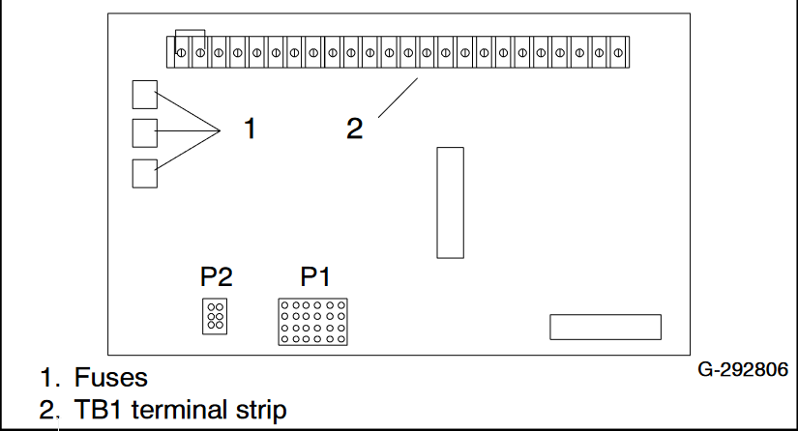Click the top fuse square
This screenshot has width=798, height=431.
coord(144,94)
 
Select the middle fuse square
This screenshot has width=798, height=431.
coord(144,131)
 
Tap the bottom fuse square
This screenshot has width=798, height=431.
coord(144,172)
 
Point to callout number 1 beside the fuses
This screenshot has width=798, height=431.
coord(250,129)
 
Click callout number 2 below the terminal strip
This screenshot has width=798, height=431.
coord(355,129)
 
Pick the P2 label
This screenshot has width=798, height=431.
coord(217,278)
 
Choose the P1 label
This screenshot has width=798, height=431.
coord(315,278)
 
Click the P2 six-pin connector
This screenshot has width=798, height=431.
coord(215,316)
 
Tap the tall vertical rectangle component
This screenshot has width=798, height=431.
coord(450,202)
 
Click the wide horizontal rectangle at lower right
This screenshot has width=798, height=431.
coord(606,327)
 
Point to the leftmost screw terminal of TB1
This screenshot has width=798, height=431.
coord(181,52)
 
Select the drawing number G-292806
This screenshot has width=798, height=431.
coord(743,370)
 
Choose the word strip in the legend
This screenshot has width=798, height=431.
coord(262,411)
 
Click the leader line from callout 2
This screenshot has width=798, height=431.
coord(398,98)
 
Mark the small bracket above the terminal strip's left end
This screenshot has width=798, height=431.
coord(189,34)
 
